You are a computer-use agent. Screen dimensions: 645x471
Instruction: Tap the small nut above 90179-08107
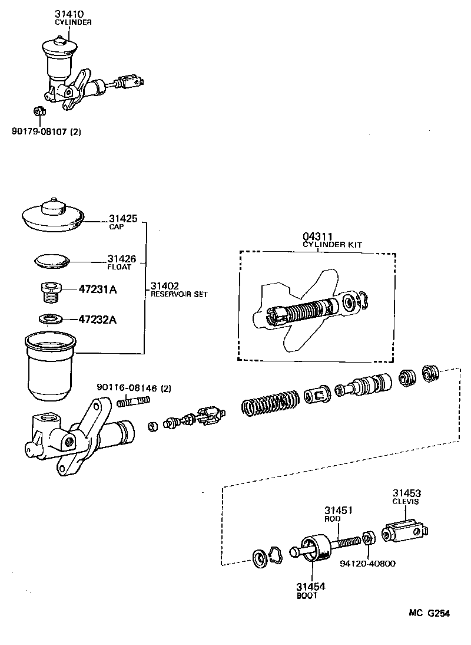(x=37, y=110)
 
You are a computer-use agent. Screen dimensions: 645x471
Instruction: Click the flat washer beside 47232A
(x=52, y=319)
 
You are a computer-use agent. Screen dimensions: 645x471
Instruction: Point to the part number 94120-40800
(x=368, y=563)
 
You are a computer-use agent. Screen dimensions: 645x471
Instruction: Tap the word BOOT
(x=307, y=595)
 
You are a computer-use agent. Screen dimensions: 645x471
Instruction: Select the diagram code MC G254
(x=429, y=613)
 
